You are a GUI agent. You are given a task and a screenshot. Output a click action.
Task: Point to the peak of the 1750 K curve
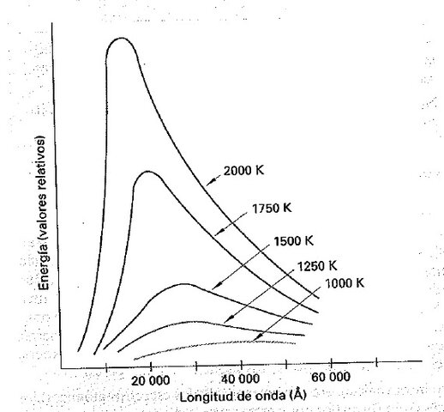(148, 172)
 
